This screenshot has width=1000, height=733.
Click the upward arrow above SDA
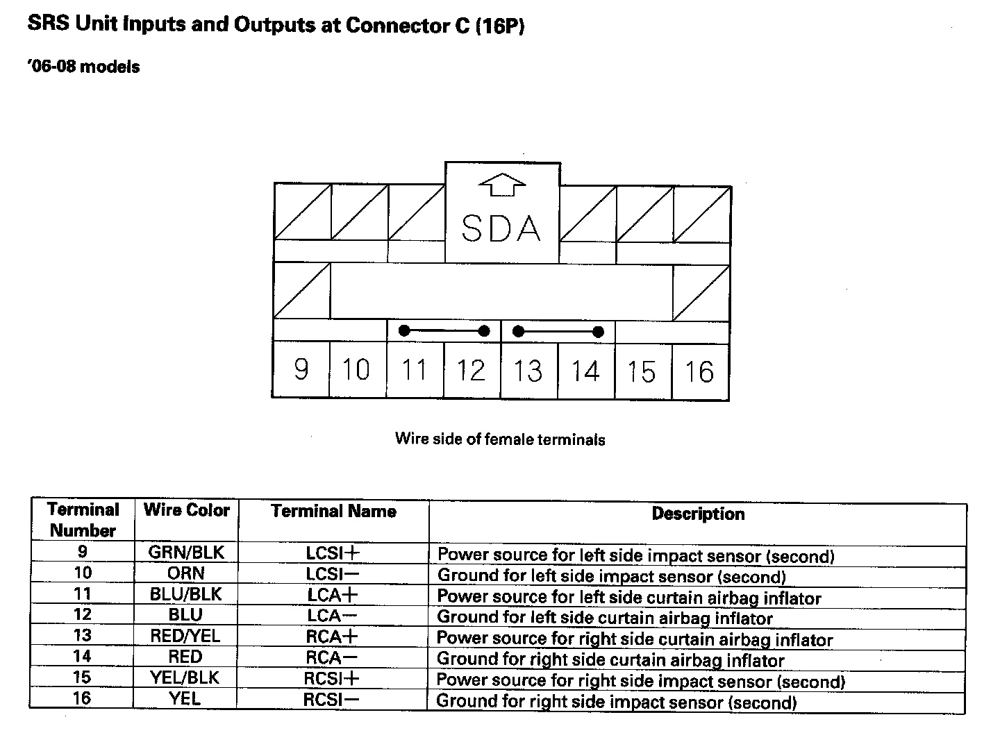point(502,186)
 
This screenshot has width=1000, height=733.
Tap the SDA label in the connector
point(501,228)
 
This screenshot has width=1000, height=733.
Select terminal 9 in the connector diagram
point(301,369)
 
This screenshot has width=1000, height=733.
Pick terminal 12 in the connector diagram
point(471,370)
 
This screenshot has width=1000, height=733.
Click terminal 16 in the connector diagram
point(699,372)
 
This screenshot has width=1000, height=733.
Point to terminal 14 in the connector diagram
point(585,371)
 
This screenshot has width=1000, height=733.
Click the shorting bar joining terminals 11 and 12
point(444,331)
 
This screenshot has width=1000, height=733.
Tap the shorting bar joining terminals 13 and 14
point(558,332)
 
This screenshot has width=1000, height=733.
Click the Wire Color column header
point(186,510)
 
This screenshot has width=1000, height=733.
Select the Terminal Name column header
point(333,512)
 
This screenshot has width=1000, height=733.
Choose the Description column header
point(698,514)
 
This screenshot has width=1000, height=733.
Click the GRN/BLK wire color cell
point(186,553)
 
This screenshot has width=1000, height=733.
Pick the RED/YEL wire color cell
point(185,636)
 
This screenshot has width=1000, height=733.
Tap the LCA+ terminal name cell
point(333,596)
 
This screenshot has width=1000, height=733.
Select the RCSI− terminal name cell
point(331,699)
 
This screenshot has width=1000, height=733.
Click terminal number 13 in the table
point(83,635)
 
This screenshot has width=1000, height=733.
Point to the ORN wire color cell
point(185,573)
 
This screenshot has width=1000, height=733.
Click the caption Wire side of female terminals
point(500,439)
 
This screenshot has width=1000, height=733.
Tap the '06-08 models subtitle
point(83,67)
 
